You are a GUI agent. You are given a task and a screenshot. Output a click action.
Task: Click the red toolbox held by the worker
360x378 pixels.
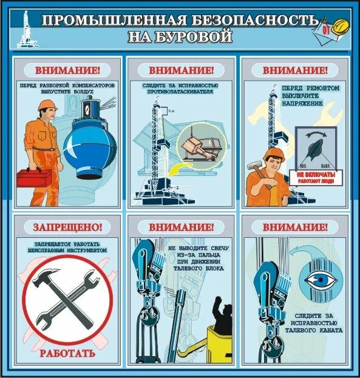coord(33,177)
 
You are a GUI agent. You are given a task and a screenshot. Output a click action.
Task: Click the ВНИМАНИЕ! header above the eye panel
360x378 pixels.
coord(295,228)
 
